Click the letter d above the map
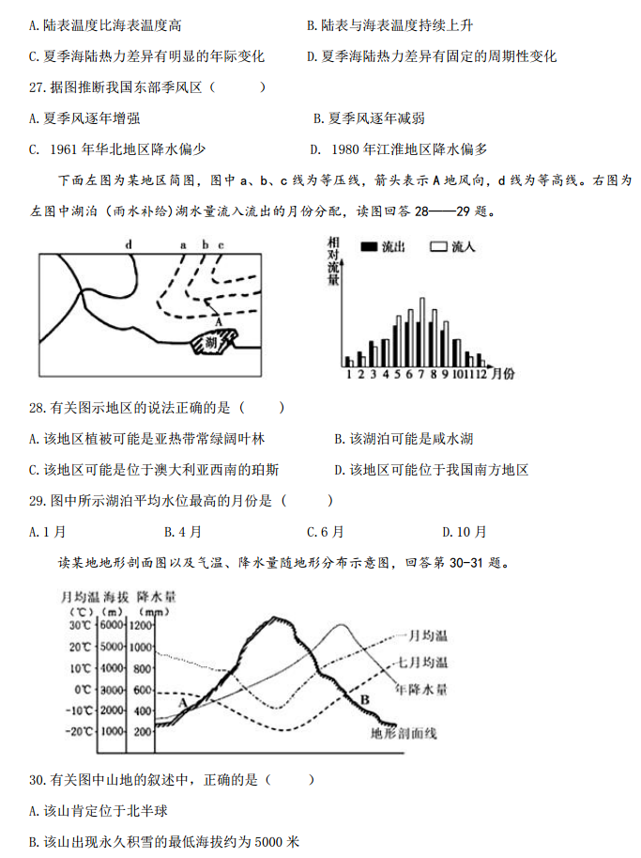pos(129,244)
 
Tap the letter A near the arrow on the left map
pos(218,321)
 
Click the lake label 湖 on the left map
pos(210,343)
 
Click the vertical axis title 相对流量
pos(333,268)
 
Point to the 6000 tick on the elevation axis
pos(113,626)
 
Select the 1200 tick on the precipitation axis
pos(142,626)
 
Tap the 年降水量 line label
pos(421,689)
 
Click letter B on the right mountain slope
pos(365,699)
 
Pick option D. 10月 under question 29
pos(465,532)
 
